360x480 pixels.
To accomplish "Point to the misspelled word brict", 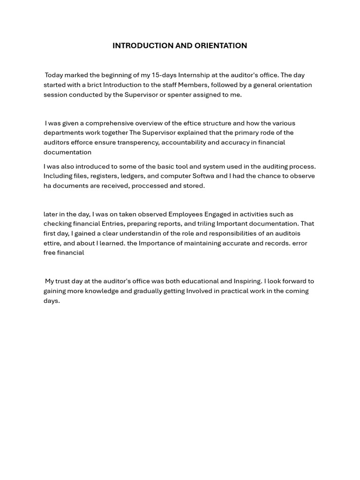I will coord(93,85).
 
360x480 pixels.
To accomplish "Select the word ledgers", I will coord(133,176).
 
